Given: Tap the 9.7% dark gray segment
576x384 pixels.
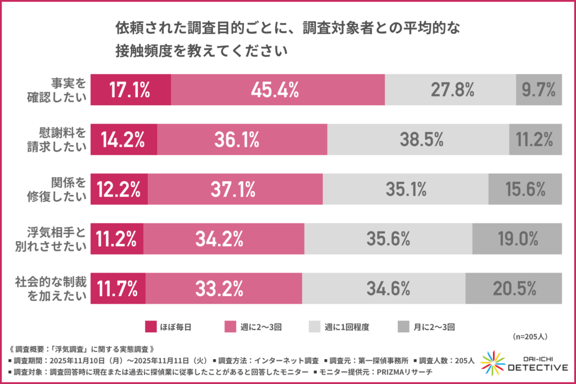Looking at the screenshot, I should (x=539, y=89).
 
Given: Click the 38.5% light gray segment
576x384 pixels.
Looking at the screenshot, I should (x=418, y=139).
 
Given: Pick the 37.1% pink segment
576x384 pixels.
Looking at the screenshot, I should (x=235, y=189).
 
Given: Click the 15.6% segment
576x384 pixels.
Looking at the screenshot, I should (x=525, y=189).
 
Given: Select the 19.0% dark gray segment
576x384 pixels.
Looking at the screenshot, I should (x=517, y=239).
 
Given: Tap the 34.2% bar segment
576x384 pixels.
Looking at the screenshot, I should (x=223, y=239).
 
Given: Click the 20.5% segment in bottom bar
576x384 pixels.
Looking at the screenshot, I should (x=514, y=289).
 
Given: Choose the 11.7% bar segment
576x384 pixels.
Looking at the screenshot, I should (x=118, y=289).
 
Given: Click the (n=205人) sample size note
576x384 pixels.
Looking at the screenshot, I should (x=531, y=336).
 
